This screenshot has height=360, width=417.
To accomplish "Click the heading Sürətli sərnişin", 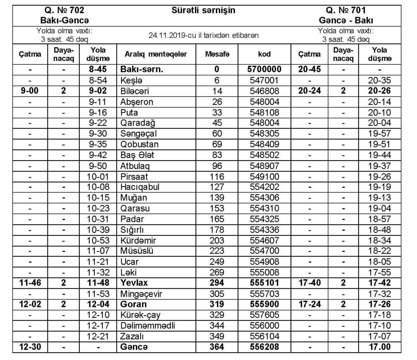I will (x=203, y=10).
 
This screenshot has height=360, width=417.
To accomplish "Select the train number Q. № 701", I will (x=346, y=10).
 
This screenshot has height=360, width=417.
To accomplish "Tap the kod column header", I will (x=264, y=54).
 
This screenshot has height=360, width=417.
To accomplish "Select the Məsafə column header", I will (x=217, y=54).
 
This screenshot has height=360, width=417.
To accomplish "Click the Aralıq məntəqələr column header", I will (x=156, y=54).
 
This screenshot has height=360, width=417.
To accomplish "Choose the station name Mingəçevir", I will (x=141, y=294).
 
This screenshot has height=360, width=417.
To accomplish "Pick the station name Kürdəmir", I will (x=138, y=241).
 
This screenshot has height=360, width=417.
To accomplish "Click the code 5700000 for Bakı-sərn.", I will (x=264, y=69).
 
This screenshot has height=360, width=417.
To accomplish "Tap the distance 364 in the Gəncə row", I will (x=217, y=347).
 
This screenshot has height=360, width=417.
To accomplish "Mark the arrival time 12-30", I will (x=30, y=347).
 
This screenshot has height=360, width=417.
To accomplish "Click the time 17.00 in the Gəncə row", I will (x=380, y=347).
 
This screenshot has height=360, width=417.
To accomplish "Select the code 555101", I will (x=264, y=283).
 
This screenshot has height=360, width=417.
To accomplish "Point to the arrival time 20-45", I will (x=309, y=69).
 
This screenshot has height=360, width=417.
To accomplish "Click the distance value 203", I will (x=217, y=241).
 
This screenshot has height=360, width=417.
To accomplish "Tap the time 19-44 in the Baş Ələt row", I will (x=380, y=155).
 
